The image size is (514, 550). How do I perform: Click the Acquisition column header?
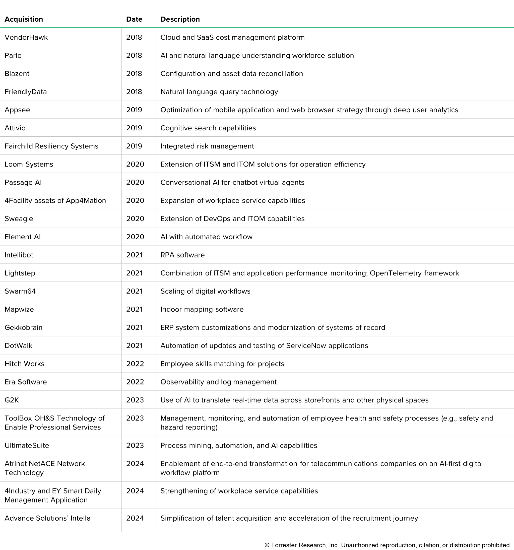point(24,19)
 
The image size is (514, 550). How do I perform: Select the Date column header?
point(134,19)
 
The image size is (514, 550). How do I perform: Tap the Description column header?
point(180,19)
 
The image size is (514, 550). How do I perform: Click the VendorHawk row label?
point(26,37)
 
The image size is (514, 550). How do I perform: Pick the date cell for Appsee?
point(134,110)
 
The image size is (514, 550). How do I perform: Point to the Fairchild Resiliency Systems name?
point(51,146)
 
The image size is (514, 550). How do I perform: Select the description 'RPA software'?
point(182,255)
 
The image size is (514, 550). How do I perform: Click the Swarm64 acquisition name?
point(20,291)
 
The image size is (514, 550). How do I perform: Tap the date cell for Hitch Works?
point(135,364)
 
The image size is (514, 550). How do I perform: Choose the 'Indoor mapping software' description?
point(202,309)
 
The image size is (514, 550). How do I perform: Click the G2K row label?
point(12,400)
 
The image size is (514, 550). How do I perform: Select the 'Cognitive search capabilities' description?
point(208,128)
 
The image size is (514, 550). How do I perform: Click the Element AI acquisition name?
point(23,237)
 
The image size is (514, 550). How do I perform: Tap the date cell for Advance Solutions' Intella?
point(135,518)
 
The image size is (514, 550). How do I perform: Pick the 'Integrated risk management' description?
point(207,146)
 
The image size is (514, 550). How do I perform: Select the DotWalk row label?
point(19,346)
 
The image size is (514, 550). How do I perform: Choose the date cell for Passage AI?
point(135,182)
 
